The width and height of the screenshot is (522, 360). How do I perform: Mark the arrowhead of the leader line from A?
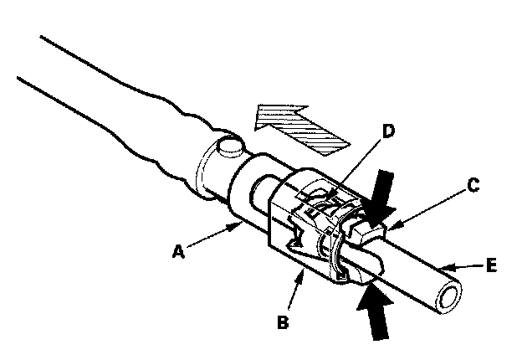[241, 224]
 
